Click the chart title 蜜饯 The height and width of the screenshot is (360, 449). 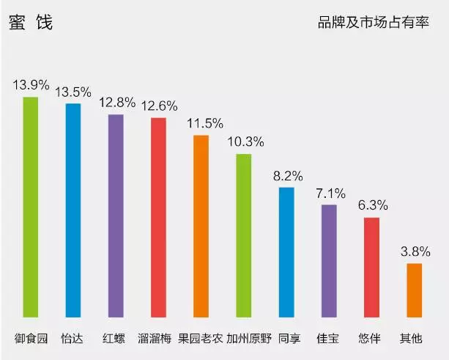(30, 23)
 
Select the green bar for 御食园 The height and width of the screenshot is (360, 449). (30, 210)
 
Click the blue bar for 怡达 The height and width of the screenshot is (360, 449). (73, 213)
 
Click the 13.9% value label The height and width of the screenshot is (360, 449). (30, 85)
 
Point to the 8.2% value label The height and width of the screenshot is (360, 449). (286, 177)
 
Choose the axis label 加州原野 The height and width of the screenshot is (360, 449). (248, 339)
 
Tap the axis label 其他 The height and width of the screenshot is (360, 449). (411, 339)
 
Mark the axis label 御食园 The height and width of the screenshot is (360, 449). (31, 339)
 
